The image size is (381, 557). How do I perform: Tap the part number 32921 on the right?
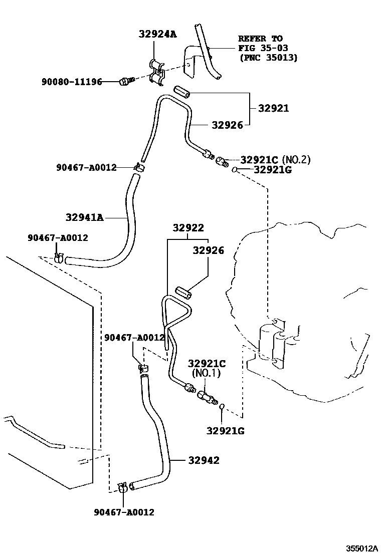(x=273, y=108)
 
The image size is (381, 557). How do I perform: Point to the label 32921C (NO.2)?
(x=275, y=160)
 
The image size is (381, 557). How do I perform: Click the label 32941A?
(x=84, y=217)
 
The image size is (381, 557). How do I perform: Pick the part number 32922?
(x=188, y=228)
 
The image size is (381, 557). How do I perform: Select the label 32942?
(x=204, y=460)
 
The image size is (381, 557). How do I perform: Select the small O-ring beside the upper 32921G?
(x=234, y=171)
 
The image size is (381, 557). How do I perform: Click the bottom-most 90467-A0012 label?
(x=124, y=512)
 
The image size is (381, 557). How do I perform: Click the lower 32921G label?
(x=226, y=430)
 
